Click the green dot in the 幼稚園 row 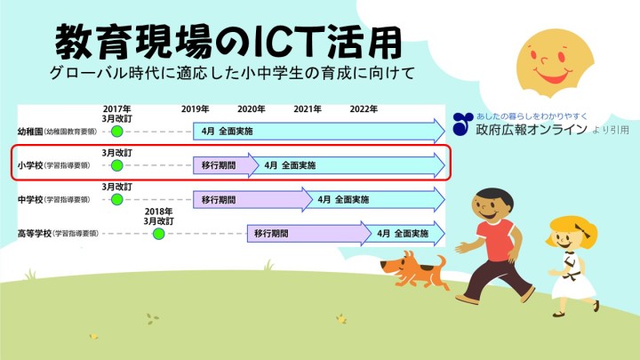pyautogui.click(x=117, y=132)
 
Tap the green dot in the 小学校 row pyautogui.click(x=117, y=165)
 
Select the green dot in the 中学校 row pyautogui.click(x=117, y=200)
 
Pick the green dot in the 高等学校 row pyautogui.click(x=159, y=234)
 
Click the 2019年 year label pyautogui.click(x=195, y=109)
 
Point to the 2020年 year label pyautogui.click(x=252, y=109)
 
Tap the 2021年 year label pyautogui.click(x=308, y=109)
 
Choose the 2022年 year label pyautogui.click(x=364, y=109)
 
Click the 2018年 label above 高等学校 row pyautogui.click(x=159, y=212)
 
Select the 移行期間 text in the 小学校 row pyautogui.click(x=219, y=165)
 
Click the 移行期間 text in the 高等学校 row pyautogui.click(x=271, y=234)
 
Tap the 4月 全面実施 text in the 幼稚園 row pyautogui.click(x=228, y=131)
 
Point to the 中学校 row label pyautogui.click(x=30, y=200)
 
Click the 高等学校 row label pyautogui.click(x=35, y=234)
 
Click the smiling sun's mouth pyautogui.click(x=553, y=76)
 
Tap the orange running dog pyautogui.click(x=414, y=269)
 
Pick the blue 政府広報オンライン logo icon pyautogui.click(x=463, y=124)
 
